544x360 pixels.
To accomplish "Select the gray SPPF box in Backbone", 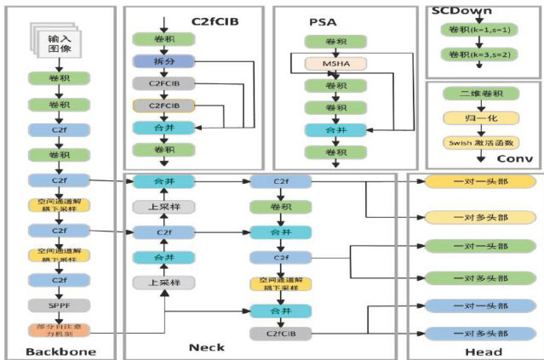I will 58,304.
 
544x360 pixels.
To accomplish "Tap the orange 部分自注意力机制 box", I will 58,331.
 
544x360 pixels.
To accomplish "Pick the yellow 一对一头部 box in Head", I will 480,182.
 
